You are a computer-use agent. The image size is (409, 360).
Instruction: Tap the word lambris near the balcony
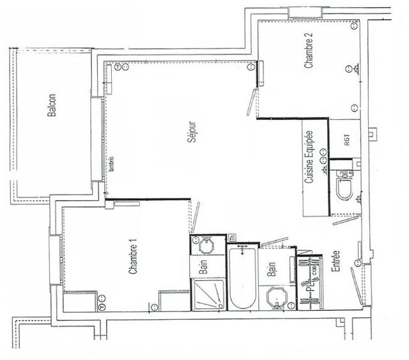(x=111, y=165)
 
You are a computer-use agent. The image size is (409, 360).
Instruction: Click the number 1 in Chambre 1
(x=134, y=239)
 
